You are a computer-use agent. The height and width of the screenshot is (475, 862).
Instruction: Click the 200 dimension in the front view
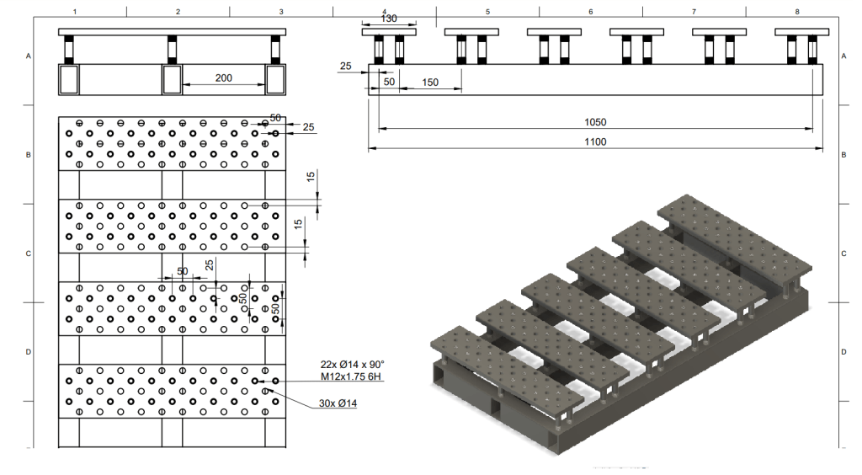coord(223,77)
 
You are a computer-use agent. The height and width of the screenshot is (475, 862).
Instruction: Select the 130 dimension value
coord(389,19)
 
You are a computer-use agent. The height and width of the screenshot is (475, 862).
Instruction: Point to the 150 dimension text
coord(430,82)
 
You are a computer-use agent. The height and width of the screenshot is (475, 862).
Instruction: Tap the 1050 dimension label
coord(595,122)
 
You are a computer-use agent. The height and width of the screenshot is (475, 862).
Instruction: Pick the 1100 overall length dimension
coord(595,142)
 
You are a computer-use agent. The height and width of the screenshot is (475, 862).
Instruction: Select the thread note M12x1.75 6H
coord(352,376)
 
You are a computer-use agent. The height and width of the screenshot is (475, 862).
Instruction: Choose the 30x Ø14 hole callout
coord(338,405)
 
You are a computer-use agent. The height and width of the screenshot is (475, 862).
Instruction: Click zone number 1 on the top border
coord(75,11)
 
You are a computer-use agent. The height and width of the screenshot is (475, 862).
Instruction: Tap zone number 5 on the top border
coord(487,11)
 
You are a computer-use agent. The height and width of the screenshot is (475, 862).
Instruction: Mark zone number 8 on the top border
coord(796,11)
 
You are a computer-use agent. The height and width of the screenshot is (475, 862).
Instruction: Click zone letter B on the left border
coord(29,155)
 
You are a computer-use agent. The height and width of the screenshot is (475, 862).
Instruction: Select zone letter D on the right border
coord(843,351)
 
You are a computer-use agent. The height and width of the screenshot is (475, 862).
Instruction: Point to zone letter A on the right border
coord(843,56)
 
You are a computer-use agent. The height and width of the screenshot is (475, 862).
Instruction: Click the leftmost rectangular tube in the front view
coord(68,79)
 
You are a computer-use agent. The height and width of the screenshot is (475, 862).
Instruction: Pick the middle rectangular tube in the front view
coord(172,79)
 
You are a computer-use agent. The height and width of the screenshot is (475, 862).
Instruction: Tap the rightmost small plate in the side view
coord(801,32)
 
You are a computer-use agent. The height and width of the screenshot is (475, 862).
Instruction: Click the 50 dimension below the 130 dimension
coord(389,82)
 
